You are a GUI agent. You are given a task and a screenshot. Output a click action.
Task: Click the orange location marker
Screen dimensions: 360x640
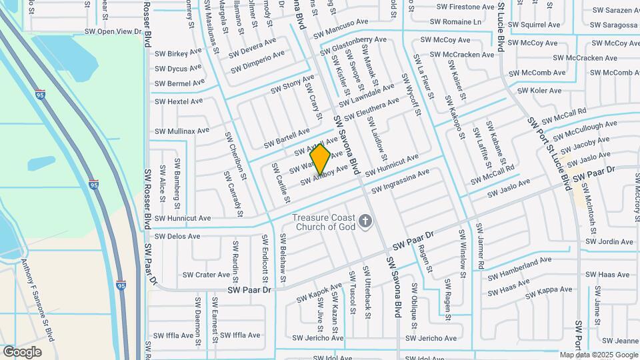pyautogui.click(x=321, y=159)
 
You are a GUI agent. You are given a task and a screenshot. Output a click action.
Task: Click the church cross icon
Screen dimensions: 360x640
pyautogui.click(x=365, y=221)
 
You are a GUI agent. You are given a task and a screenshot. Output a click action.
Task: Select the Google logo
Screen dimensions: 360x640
pyautogui.click(x=22, y=352)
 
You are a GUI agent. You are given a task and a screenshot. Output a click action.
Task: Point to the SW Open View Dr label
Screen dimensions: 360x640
pyautogui.click(x=113, y=31)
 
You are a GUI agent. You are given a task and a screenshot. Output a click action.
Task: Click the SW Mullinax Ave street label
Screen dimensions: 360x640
pyautogui.click(x=181, y=131)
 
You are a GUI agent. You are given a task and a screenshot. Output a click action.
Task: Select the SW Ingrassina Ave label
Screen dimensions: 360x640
pyautogui.click(x=400, y=182)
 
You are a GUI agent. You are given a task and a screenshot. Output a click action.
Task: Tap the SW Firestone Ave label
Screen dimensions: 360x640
pyautogui.click(x=466, y=7)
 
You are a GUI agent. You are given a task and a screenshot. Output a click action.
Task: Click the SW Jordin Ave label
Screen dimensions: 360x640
pyautogui.click(x=609, y=241)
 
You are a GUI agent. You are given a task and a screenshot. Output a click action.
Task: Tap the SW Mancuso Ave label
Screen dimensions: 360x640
pyautogui.click(x=340, y=31)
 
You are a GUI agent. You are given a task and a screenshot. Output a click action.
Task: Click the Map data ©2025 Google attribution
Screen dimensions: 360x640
pyautogui.click(x=599, y=355)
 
